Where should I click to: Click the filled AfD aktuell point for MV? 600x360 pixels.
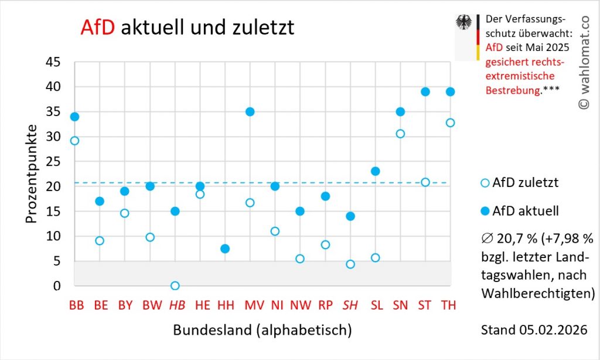pyautogui.click(x=250, y=111)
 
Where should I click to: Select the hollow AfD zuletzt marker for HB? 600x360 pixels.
pyautogui.click(x=175, y=286)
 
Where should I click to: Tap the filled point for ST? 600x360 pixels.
pyautogui.click(x=425, y=91)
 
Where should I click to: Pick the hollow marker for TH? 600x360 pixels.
pyautogui.click(x=450, y=123)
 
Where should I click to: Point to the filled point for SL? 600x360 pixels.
pyautogui.click(x=376, y=171)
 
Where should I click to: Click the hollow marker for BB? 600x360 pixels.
pyautogui.click(x=74, y=141)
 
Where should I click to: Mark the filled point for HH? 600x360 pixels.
pyautogui.click(x=225, y=249)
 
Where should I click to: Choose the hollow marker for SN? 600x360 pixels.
pyautogui.click(x=401, y=134)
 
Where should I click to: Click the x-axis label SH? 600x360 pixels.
pyautogui.click(x=350, y=305)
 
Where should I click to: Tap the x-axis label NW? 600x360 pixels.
pyautogui.click(x=300, y=305)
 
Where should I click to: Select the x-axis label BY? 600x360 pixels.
pyautogui.click(x=125, y=305)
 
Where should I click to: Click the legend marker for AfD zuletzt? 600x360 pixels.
pyautogui.click(x=484, y=183)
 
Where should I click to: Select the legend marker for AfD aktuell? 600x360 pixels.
pyautogui.click(x=484, y=210)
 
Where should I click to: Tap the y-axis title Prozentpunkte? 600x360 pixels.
pyautogui.click(x=32, y=174)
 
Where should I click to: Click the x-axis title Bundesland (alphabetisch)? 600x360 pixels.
pyautogui.click(x=262, y=330)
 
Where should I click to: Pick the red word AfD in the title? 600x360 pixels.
pyautogui.click(x=98, y=27)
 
